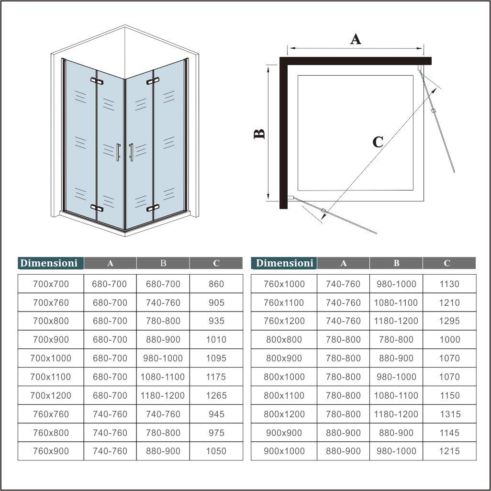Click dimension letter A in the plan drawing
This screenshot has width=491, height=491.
355,39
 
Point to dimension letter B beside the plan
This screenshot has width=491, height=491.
259,134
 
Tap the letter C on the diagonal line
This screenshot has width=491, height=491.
378,142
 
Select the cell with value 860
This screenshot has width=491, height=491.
216,284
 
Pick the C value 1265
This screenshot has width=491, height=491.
216,395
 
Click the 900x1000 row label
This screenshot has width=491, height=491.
284,451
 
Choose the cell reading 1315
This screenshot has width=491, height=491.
449,414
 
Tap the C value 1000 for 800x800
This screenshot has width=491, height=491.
449,339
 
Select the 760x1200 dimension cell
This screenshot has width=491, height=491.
284,321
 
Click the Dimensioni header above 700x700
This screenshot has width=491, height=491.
49,263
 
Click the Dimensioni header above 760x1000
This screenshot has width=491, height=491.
284,263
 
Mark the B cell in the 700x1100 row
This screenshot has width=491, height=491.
163,377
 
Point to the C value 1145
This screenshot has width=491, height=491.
449,433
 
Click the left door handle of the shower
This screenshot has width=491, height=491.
118,152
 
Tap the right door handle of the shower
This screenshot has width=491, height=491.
131,152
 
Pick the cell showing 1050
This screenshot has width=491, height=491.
216,451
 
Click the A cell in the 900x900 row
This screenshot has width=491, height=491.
343,433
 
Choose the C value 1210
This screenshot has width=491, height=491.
449,302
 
